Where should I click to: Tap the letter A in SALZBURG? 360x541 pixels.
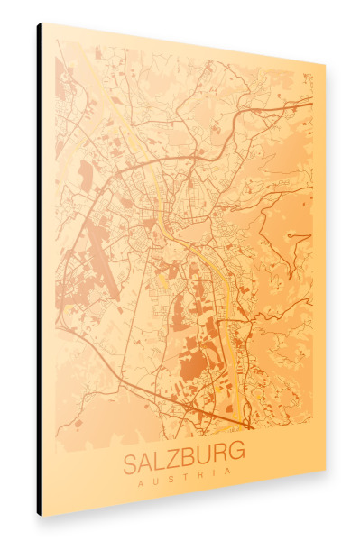tap(144, 464)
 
